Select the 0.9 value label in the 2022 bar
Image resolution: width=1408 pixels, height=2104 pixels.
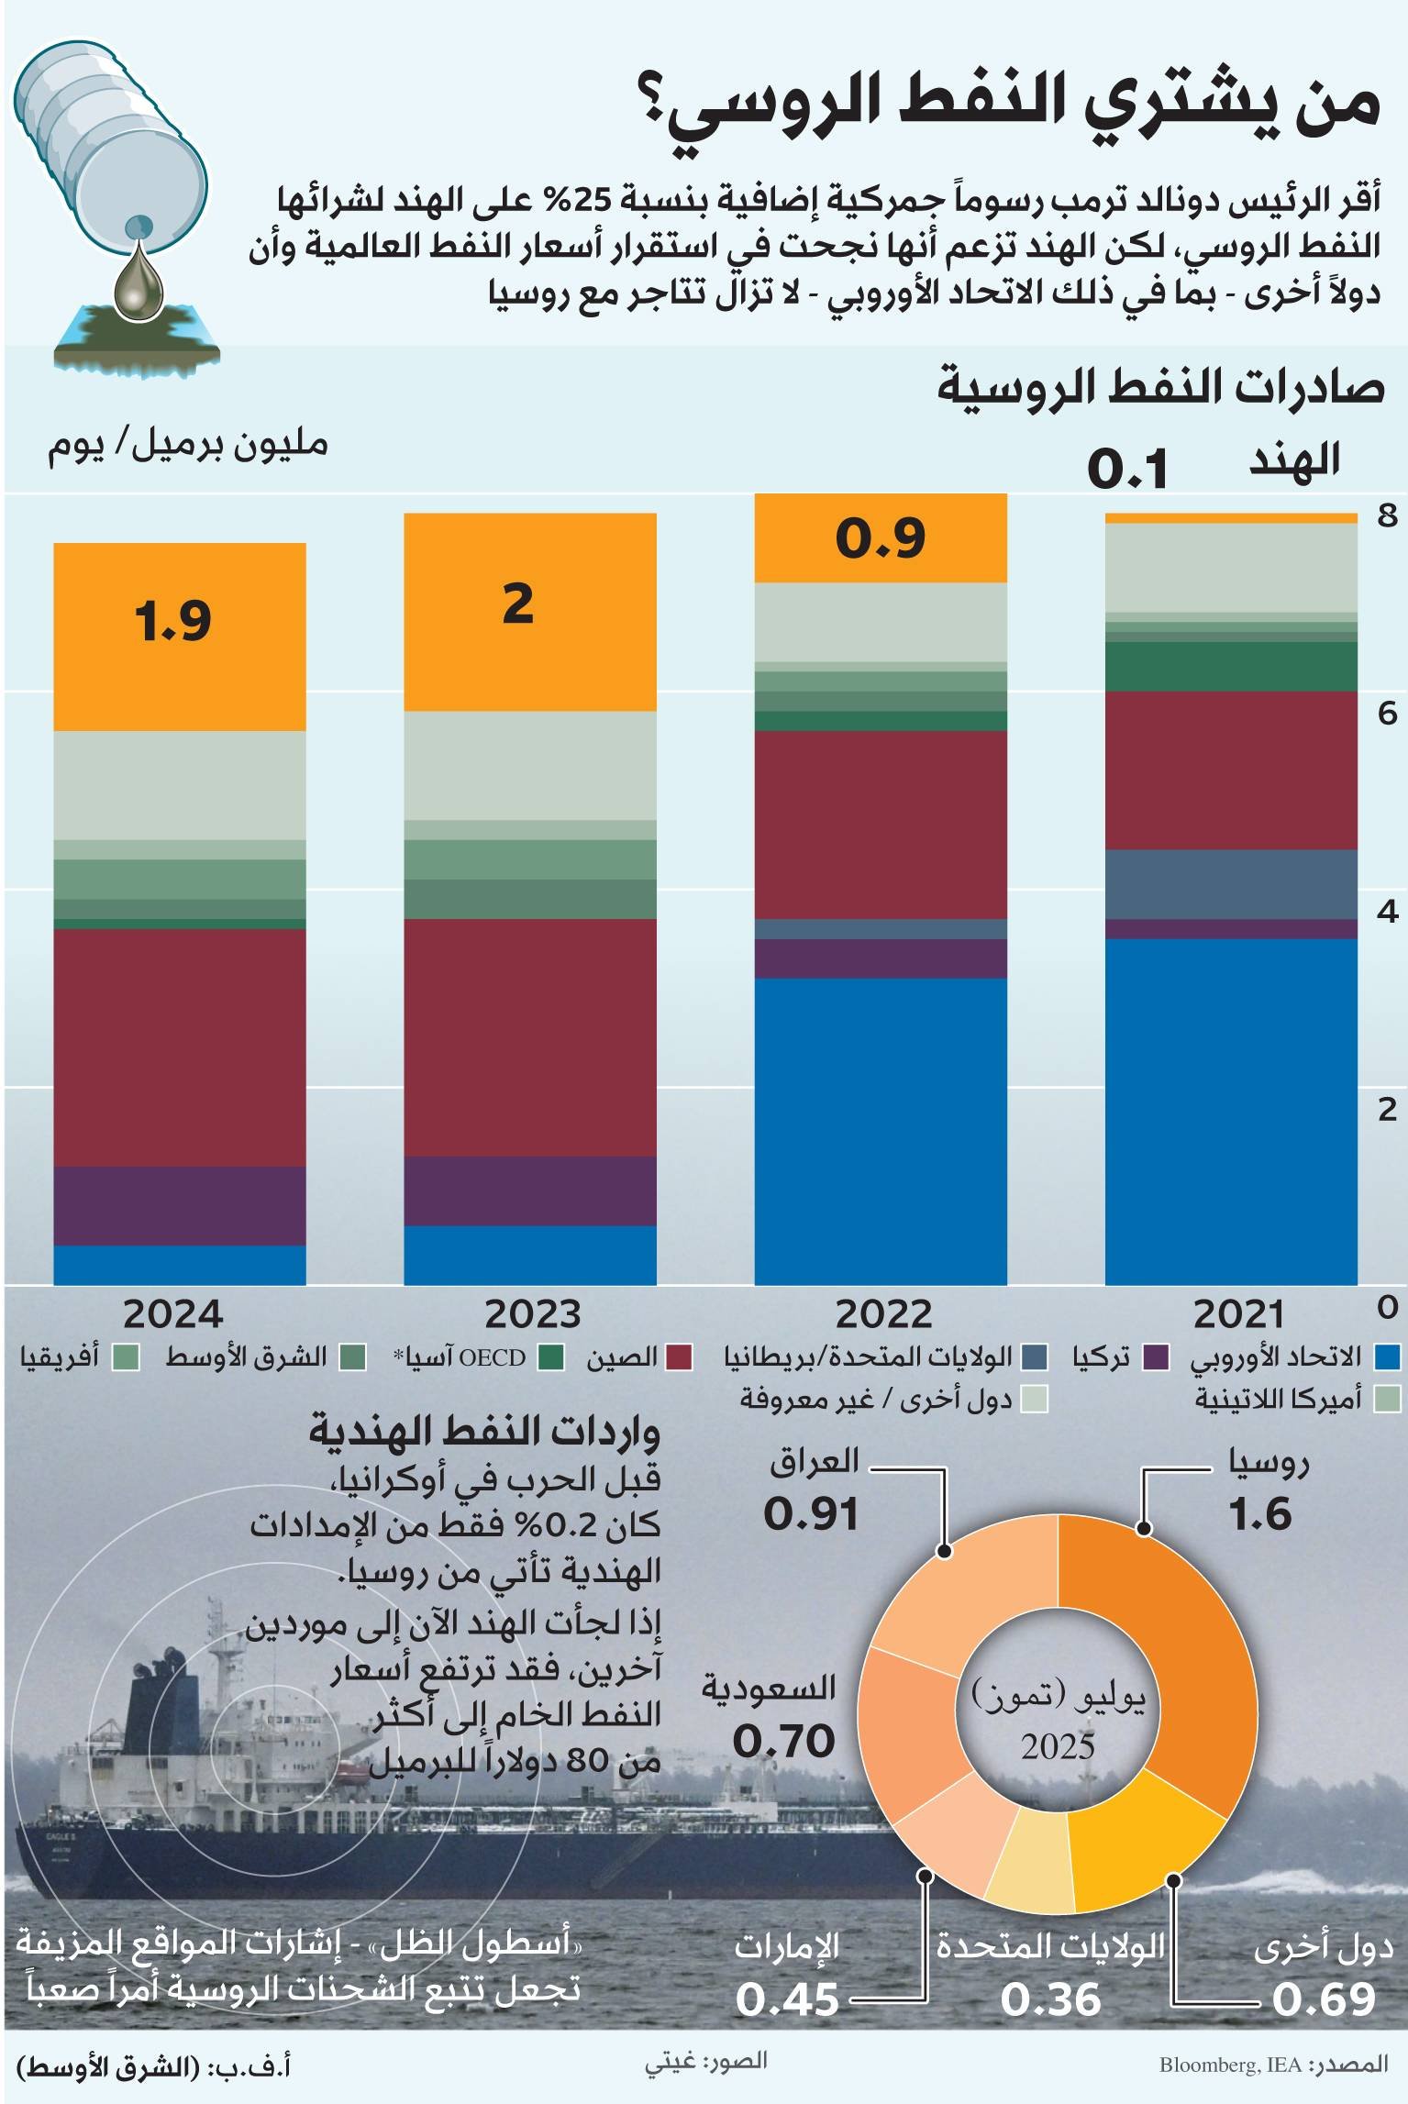click(880, 537)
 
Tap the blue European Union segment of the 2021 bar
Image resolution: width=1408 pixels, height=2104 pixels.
click(1230, 1110)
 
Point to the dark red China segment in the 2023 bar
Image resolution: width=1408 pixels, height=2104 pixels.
click(530, 1036)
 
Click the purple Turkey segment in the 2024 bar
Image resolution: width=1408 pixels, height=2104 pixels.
click(180, 1205)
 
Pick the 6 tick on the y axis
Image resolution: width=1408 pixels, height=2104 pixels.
click(1387, 713)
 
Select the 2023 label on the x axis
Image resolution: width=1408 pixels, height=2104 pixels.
click(532, 1314)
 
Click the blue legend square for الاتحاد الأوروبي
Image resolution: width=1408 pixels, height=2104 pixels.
click(1387, 1357)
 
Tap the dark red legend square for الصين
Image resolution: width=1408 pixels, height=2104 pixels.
click(679, 1357)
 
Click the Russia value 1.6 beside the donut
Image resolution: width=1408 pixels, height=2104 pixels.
click(1260, 1513)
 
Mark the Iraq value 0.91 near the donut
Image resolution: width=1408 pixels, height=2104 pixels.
click(812, 1513)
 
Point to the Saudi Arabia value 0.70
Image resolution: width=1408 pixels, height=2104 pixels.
click(783, 1741)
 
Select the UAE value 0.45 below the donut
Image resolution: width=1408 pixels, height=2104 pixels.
click(787, 2000)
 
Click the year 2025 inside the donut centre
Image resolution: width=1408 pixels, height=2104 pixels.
click(1059, 1745)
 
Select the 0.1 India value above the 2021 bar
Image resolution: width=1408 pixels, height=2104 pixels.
click(1127, 470)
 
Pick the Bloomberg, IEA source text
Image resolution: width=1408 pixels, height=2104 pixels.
click(1230, 2065)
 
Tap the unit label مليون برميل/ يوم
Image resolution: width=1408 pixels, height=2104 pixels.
click(188, 446)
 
